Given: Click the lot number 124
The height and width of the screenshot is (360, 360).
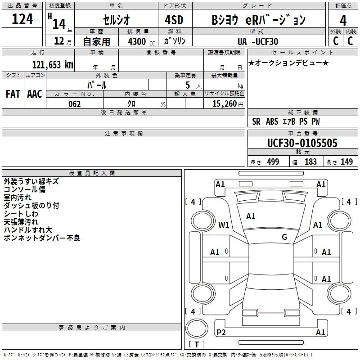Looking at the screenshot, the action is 22,19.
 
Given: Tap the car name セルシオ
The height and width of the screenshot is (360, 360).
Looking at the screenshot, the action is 116,20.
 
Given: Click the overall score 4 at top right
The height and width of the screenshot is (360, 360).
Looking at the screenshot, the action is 343,20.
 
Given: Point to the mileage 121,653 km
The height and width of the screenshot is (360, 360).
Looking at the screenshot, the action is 53,65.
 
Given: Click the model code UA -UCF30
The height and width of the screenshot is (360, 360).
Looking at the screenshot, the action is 258,41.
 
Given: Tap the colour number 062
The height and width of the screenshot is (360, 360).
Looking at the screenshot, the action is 74,104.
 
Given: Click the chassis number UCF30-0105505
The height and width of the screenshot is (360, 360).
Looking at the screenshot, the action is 302,143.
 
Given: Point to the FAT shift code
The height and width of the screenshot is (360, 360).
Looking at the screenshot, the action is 13,94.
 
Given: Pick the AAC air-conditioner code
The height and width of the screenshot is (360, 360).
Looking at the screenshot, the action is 35,94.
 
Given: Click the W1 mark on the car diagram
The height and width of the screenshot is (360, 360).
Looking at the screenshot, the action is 224,224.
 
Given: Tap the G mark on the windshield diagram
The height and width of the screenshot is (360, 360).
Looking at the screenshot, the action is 284,237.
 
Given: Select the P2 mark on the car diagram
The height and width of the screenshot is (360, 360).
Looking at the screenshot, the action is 221,332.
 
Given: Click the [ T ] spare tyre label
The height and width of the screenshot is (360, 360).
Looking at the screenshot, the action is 197,344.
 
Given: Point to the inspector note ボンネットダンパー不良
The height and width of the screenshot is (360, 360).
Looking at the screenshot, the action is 42,238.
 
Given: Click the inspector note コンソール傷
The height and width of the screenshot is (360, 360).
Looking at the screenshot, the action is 24,189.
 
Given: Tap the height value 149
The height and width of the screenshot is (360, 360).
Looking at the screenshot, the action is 346,162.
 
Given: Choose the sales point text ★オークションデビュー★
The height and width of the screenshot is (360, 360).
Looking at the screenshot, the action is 288,63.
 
